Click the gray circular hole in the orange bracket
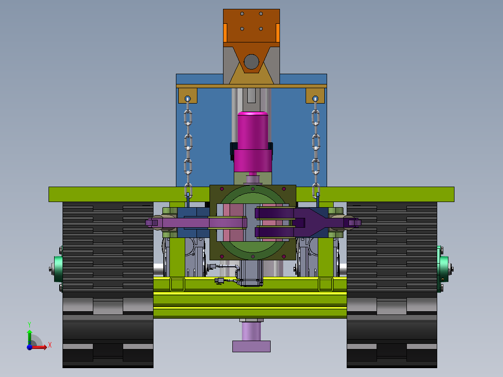point(251,62)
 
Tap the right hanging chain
point(315,147)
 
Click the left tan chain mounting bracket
point(188,96)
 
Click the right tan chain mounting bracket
point(315,96)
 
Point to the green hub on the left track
point(58,269)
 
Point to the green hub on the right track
point(444,269)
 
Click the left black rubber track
point(108,285)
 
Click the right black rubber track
point(391,285)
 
